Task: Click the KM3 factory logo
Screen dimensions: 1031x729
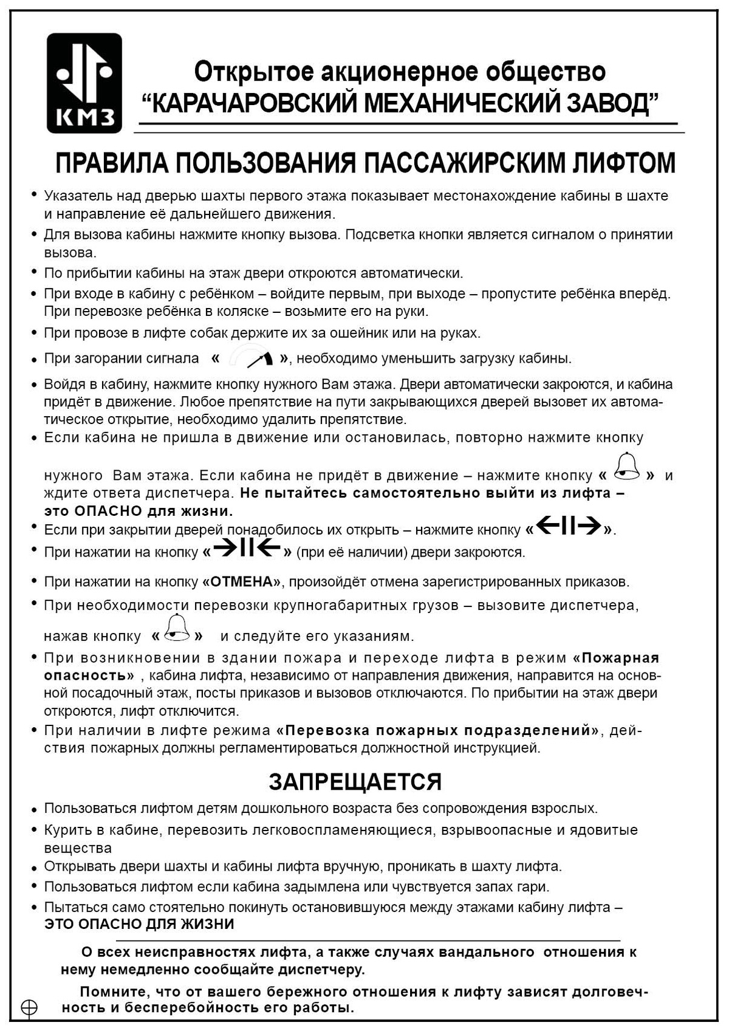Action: tap(84, 83)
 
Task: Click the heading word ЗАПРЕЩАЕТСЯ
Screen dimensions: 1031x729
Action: tap(355, 781)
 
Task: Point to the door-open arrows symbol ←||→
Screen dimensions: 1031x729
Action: tap(569, 528)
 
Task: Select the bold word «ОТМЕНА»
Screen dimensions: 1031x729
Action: tap(242, 582)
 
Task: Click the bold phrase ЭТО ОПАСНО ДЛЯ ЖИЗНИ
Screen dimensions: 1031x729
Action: tap(139, 924)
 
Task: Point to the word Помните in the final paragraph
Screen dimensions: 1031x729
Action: tap(113, 992)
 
